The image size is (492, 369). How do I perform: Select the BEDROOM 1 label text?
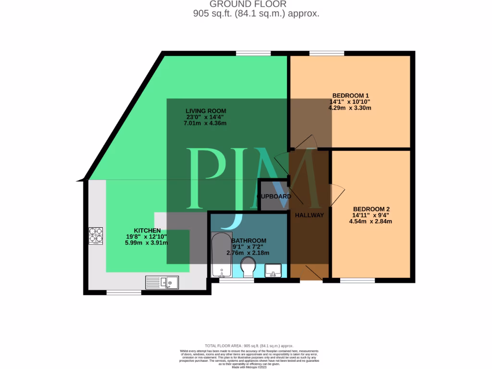coord(349,95)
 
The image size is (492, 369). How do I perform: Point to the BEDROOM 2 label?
coord(371,209)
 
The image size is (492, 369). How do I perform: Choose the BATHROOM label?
coord(248,240)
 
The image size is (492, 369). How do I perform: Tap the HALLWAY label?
coord(309,215)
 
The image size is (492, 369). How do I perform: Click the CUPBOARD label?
coord(274,197)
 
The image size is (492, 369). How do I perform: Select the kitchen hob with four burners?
coord(95,235)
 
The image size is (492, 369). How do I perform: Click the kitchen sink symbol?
coord(162,283)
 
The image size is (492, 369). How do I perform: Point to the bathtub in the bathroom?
coord(221,255)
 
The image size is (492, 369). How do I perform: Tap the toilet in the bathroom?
coord(248,267)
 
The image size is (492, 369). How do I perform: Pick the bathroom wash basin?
coord(273,270)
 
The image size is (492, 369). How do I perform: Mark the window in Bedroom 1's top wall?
coord(326,53)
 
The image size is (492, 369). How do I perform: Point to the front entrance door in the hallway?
coord(311,273)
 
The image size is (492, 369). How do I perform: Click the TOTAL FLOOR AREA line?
coord(249,346)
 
